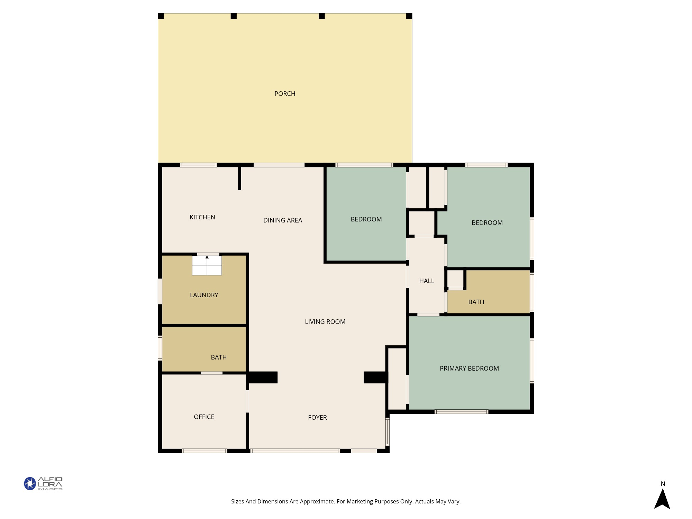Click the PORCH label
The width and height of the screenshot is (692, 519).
[x=285, y=94]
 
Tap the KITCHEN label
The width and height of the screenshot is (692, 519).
[x=202, y=217]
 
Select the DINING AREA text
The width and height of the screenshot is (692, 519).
[x=283, y=220]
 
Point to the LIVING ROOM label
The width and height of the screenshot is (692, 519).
[x=325, y=322]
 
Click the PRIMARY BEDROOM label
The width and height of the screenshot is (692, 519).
[x=469, y=368]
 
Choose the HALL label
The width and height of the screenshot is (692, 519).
[x=427, y=281]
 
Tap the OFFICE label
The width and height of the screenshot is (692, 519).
[x=204, y=417]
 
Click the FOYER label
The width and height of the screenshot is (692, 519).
[x=317, y=418]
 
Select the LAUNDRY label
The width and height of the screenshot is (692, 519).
[x=204, y=295]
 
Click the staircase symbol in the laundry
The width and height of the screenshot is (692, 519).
[x=207, y=265]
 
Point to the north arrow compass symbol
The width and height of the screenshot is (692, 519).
[x=662, y=499]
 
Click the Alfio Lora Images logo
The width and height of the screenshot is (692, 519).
[x=43, y=483]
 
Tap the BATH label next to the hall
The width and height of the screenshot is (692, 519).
[x=476, y=302]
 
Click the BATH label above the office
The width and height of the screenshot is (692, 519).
[x=219, y=357]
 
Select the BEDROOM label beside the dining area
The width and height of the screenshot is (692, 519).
[x=366, y=219]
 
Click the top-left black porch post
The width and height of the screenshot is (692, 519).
[x=161, y=16]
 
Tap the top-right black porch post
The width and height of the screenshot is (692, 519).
[x=409, y=16]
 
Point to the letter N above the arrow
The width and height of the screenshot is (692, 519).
[x=663, y=484]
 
